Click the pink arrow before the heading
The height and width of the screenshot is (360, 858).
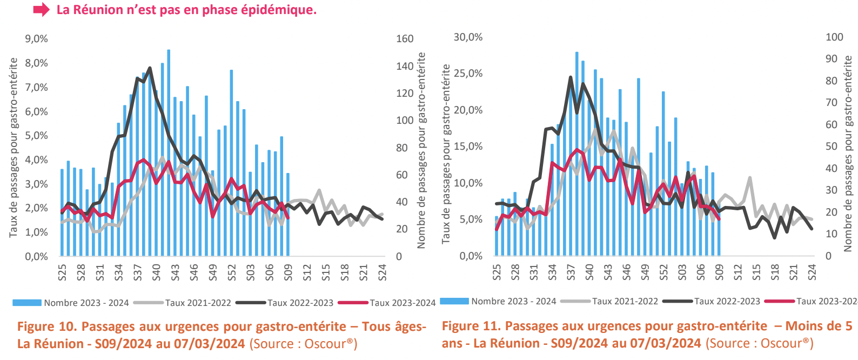coord(42,10)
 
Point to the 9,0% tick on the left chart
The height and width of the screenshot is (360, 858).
coord(36,39)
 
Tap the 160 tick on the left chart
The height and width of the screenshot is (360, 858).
coord(405,39)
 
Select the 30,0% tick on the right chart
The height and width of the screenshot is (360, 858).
coord(468,37)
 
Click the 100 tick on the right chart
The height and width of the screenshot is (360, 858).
coord(834,37)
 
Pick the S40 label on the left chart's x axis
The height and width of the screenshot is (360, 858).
coord(156,272)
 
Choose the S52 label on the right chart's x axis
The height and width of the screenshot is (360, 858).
coord(663,272)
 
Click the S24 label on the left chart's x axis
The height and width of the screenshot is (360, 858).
coord(382,272)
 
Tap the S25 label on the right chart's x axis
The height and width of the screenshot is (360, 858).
coord(497,272)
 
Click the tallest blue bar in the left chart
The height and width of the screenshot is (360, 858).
coord(169,151)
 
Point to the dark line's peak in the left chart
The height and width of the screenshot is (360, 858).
coord(150,68)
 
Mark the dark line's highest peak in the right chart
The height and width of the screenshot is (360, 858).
coord(571,77)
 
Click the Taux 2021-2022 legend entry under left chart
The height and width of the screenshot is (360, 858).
coord(198,303)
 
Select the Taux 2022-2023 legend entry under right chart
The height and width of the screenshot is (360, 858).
coord(727,301)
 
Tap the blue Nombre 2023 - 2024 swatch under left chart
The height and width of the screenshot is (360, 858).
coord(26,303)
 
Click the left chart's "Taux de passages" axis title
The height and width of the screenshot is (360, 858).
coord(14,147)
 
